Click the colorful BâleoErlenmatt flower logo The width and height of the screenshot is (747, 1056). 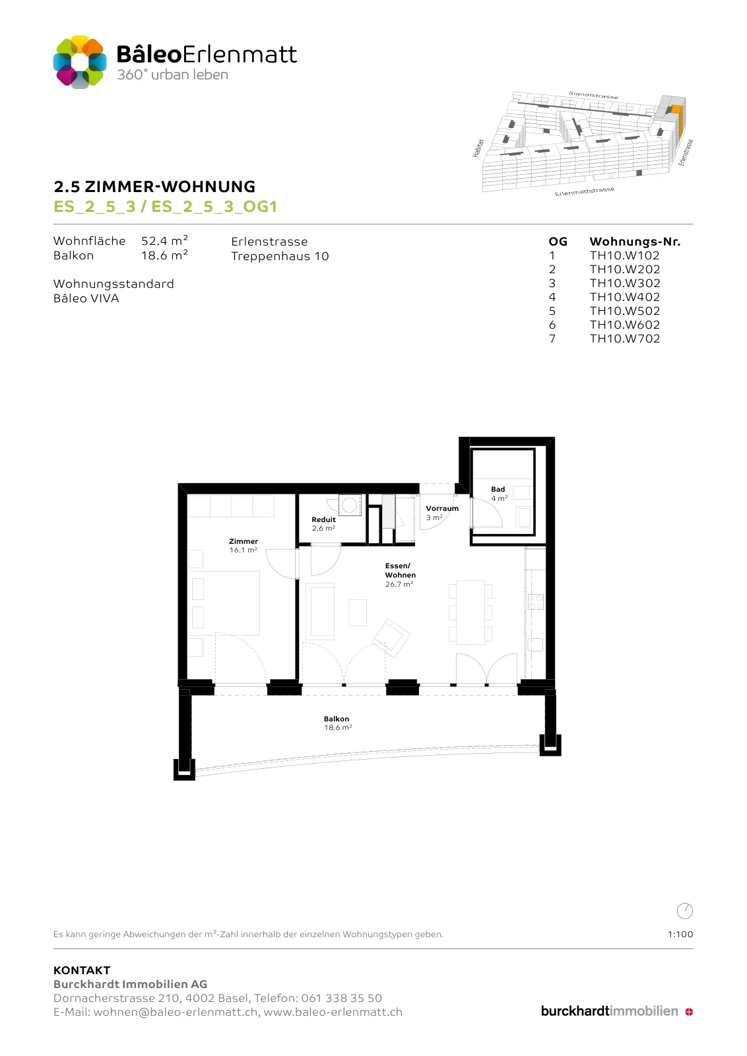click(x=80, y=62)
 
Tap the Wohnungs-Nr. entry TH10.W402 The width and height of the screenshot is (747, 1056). click(x=624, y=297)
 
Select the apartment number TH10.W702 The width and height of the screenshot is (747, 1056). click(x=624, y=339)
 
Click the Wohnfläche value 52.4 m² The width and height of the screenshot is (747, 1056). click(x=164, y=240)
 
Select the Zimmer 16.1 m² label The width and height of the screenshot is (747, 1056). click(x=244, y=545)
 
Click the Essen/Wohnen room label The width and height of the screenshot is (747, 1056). click(x=400, y=575)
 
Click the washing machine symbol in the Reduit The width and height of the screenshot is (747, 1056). click(x=349, y=505)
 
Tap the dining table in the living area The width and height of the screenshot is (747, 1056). click(x=471, y=612)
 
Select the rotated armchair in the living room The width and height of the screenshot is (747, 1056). click(x=391, y=638)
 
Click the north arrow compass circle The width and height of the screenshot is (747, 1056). click(x=684, y=911)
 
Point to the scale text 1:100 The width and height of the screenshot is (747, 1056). click(x=680, y=934)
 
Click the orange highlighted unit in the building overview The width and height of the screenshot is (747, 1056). click(x=677, y=119)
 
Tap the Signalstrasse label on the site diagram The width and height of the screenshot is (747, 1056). click(x=593, y=95)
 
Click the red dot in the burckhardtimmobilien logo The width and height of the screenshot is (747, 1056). click(x=688, y=1012)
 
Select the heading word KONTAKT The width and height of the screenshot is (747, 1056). click(x=82, y=970)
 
